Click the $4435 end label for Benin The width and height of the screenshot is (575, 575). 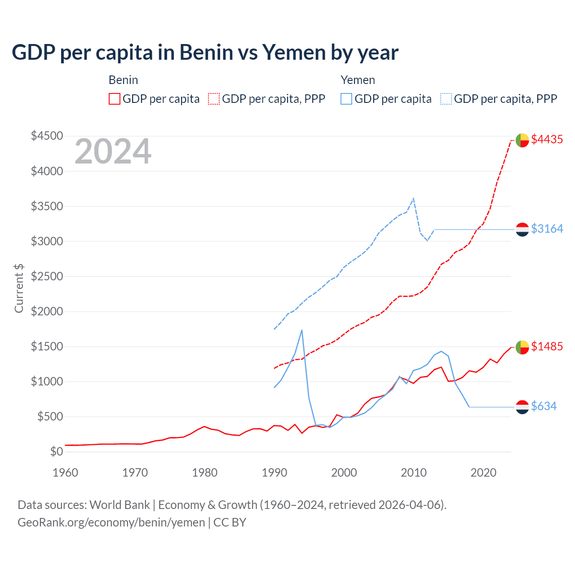click(x=547, y=140)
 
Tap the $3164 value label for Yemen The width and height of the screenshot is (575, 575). click(x=547, y=229)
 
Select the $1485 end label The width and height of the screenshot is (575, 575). click(x=547, y=347)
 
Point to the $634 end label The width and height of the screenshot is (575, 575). click(x=544, y=407)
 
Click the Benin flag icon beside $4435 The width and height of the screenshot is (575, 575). click(x=522, y=140)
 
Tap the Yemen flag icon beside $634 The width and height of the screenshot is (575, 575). click(x=522, y=407)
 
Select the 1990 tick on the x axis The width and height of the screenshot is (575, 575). click(x=274, y=473)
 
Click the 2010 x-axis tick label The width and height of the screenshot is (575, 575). click(x=413, y=473)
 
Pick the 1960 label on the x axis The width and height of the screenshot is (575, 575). click(x=66, y=473)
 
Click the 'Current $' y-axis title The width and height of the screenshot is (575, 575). click(x=19, y=288)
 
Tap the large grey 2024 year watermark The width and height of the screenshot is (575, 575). click(x=113, y=152)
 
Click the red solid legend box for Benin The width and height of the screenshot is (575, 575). click(x=115, y=99)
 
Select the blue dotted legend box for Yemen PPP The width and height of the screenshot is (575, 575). click(x=446, y=99)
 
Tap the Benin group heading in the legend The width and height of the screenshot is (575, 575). click(x=123, y=80)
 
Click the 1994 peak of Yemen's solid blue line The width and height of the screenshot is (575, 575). click(x=302, y=330)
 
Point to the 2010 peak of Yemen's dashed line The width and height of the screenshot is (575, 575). click(x=413, y=198)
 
